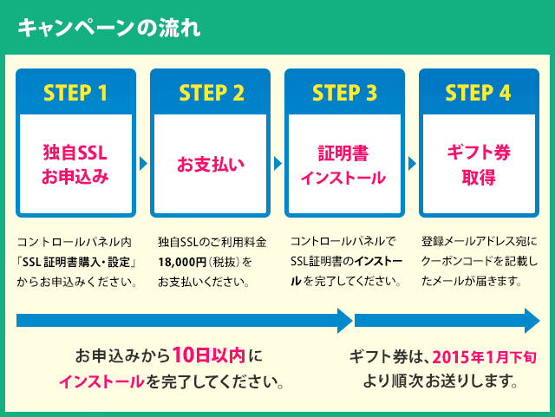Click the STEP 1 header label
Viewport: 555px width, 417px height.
point(75,93)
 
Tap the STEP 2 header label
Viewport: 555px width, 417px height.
point(211,93)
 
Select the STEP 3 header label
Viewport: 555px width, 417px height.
point(344,93)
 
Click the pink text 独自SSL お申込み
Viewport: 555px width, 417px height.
point(75,165)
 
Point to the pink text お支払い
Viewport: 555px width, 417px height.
point(211,164)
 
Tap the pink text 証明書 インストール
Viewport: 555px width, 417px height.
point(344,165)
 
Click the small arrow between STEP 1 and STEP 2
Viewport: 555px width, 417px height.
point(143,163)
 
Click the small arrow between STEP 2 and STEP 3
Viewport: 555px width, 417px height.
point(277,163)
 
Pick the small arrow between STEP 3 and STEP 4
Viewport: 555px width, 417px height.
point(412,163)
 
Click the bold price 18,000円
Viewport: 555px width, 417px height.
point(180,261)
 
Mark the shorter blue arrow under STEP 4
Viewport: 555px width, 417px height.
point(447,321)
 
